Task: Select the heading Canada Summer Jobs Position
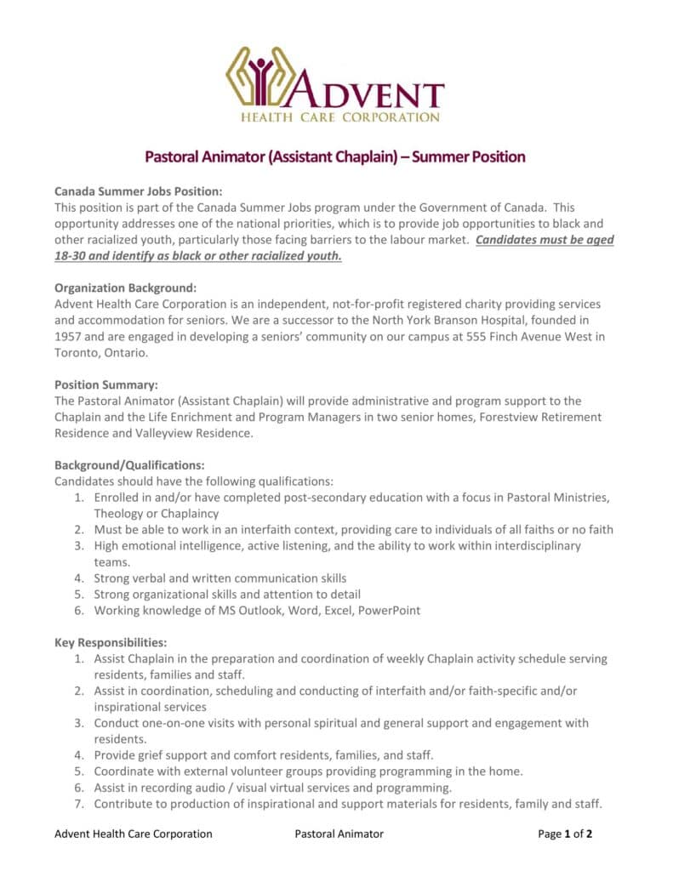point(138,192)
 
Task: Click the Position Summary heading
point(106,384)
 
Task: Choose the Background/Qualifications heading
point(129,465)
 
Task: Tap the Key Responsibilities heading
point(111,642)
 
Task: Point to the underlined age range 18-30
point(72,256)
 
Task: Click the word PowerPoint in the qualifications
point(389,610)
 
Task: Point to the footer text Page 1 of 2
point(565,834)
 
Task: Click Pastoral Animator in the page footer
point(339,834)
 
